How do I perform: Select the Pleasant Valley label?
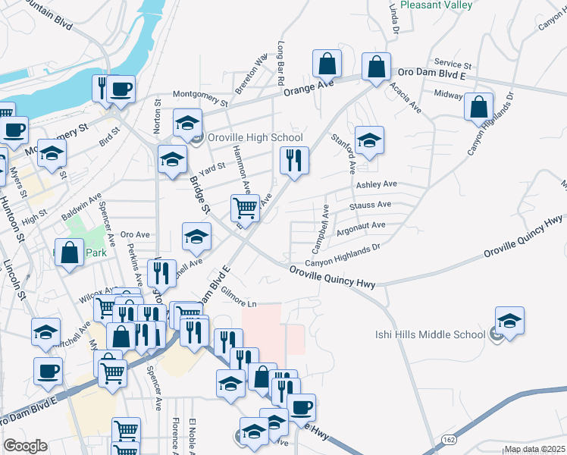437,5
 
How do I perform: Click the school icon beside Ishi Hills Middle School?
509,322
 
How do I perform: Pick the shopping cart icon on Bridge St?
245,207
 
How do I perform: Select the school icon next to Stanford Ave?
369,140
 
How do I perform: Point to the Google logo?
25,445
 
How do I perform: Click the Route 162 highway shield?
448,440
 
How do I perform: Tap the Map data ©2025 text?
534,449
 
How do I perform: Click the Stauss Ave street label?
370,205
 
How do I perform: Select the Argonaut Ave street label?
361,225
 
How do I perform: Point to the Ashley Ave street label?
377,184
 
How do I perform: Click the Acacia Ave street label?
408,97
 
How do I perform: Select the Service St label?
453,65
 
